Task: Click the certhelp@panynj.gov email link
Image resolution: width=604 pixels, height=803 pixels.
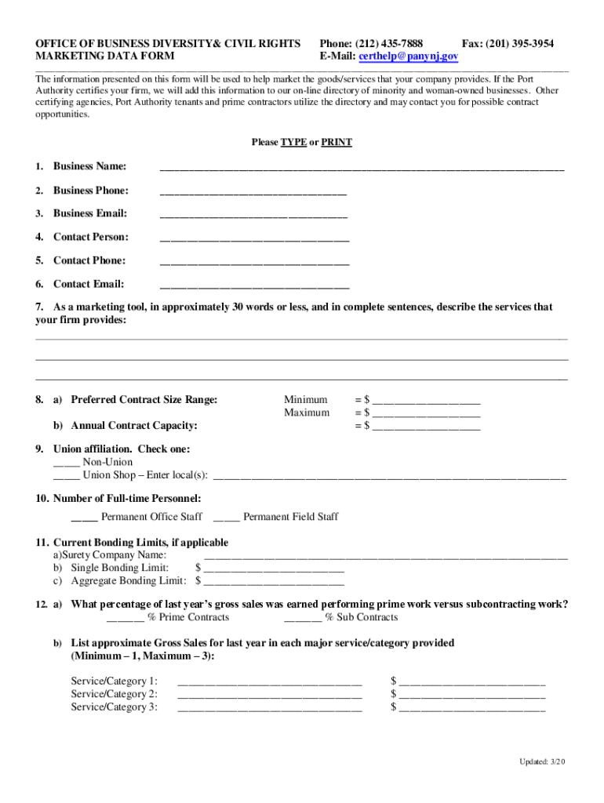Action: click(x=409, y=56)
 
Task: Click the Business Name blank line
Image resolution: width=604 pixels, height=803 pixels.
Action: click(x=362, y=168)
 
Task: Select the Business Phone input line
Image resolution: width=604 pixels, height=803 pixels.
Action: click(x=253, y=191)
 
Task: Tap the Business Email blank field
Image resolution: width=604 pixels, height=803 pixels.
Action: click(x=253, y=214)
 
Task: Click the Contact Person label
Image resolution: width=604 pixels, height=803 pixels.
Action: click(x=90, y=237)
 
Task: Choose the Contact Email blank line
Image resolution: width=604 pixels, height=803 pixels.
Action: click(x=254, y=285)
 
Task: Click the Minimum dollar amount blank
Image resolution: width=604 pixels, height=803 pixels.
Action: click(x=426, y=401)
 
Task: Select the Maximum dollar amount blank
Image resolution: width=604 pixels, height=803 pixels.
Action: click(x=426, y=414)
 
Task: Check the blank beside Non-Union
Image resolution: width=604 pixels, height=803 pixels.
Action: click(x=66, y=463)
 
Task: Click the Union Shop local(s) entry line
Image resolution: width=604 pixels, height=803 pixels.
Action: click(x=389, y=476)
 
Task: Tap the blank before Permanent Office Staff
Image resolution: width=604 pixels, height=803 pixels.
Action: click(x=84, y=518)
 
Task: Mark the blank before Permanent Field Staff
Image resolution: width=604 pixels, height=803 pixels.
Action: click(x=226, y=518)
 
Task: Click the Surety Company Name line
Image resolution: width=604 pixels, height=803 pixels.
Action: click(x=385, y=556)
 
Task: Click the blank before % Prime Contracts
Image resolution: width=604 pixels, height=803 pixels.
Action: click(x=125, y=619)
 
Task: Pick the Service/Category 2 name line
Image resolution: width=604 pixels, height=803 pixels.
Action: click(x=270, y=695)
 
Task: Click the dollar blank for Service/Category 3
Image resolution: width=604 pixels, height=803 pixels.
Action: click(x=472, y=708)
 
